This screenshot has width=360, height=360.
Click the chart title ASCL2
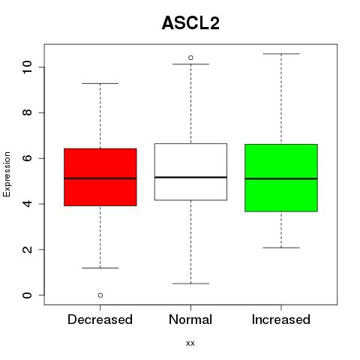click(190, 23)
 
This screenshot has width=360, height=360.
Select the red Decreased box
click(100, 177)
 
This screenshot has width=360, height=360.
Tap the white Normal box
click(190, 172)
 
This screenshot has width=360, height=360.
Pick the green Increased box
click(281, 178)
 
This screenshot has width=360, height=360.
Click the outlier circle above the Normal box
click(190, 58)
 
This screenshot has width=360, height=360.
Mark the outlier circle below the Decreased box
click(100, 295)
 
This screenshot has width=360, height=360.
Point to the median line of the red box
click(100, 178)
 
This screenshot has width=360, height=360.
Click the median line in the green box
click(281, 178)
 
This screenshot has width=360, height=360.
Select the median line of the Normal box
click(190, 177)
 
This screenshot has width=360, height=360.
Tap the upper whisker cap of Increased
click(281, 54)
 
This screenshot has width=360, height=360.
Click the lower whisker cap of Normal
click(190, 283)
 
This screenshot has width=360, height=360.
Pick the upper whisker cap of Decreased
click(100, 83)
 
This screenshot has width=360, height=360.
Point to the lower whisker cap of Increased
click(281, 247)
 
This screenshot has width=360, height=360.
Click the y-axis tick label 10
click(27, 67)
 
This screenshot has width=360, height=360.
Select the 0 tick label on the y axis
click(27, 295)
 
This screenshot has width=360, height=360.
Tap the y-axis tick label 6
click(27, 158)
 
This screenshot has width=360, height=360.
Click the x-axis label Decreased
click(100, 319)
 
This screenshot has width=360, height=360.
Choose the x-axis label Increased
click(281, 319)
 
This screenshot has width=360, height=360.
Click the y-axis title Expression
click(7, 174)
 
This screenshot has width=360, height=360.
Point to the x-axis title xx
click(190, 343)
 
